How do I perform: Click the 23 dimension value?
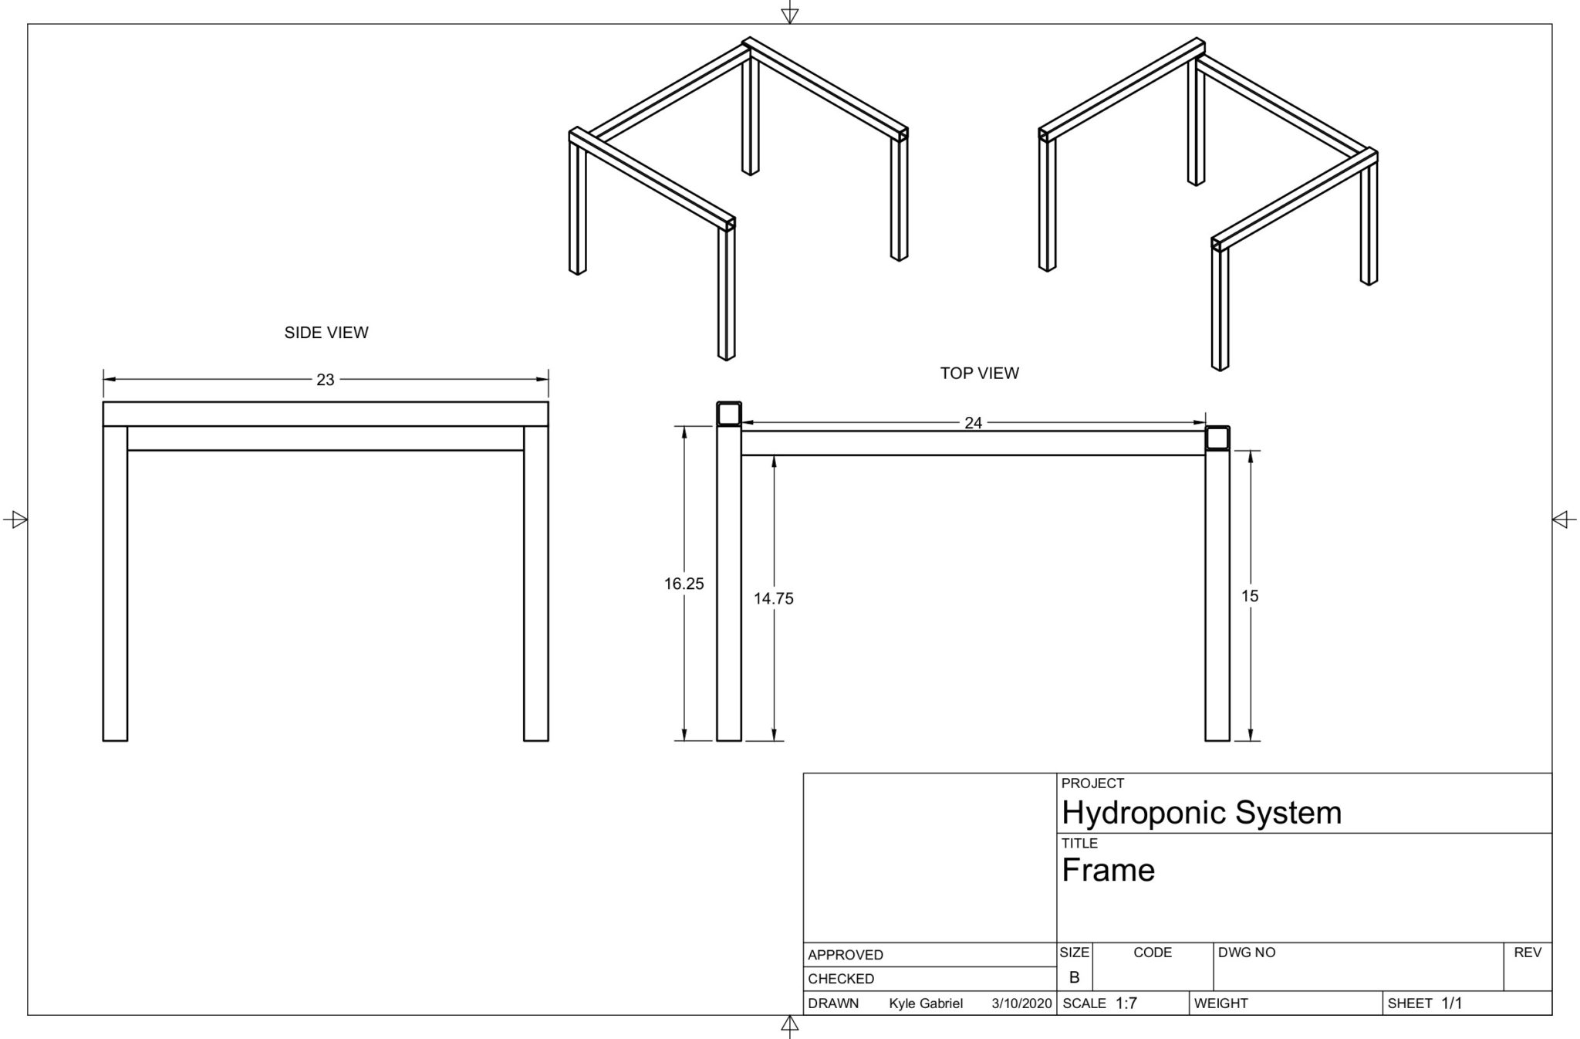325,380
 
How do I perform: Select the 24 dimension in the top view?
973,423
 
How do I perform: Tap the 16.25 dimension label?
684,584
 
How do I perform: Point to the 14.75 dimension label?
773,598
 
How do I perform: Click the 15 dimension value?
1249,596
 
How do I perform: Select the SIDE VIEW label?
326,333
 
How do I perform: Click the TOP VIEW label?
979,374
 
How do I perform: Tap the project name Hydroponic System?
1201,813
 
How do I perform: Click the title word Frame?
1108,871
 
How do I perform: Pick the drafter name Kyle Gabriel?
925,1003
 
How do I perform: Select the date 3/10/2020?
1021,1003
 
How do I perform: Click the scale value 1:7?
1126,1003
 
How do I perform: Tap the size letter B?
1074,978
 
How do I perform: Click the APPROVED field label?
845,955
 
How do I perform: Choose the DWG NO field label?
1246,953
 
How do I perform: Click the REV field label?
1527,953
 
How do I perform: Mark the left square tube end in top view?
729,415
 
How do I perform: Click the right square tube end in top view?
1217,438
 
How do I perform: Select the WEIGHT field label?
1220,1003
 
